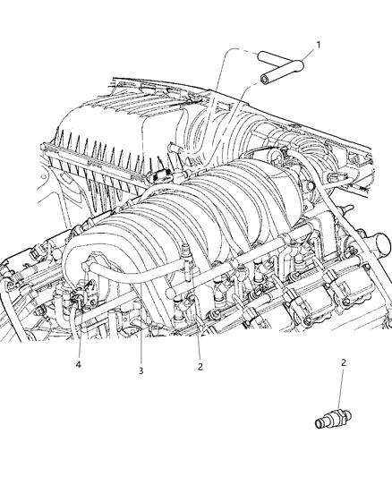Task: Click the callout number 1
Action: [x=318, y=43]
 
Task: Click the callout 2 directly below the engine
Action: [x=200, y=367]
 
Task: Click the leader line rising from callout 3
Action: [x=141, y=345]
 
